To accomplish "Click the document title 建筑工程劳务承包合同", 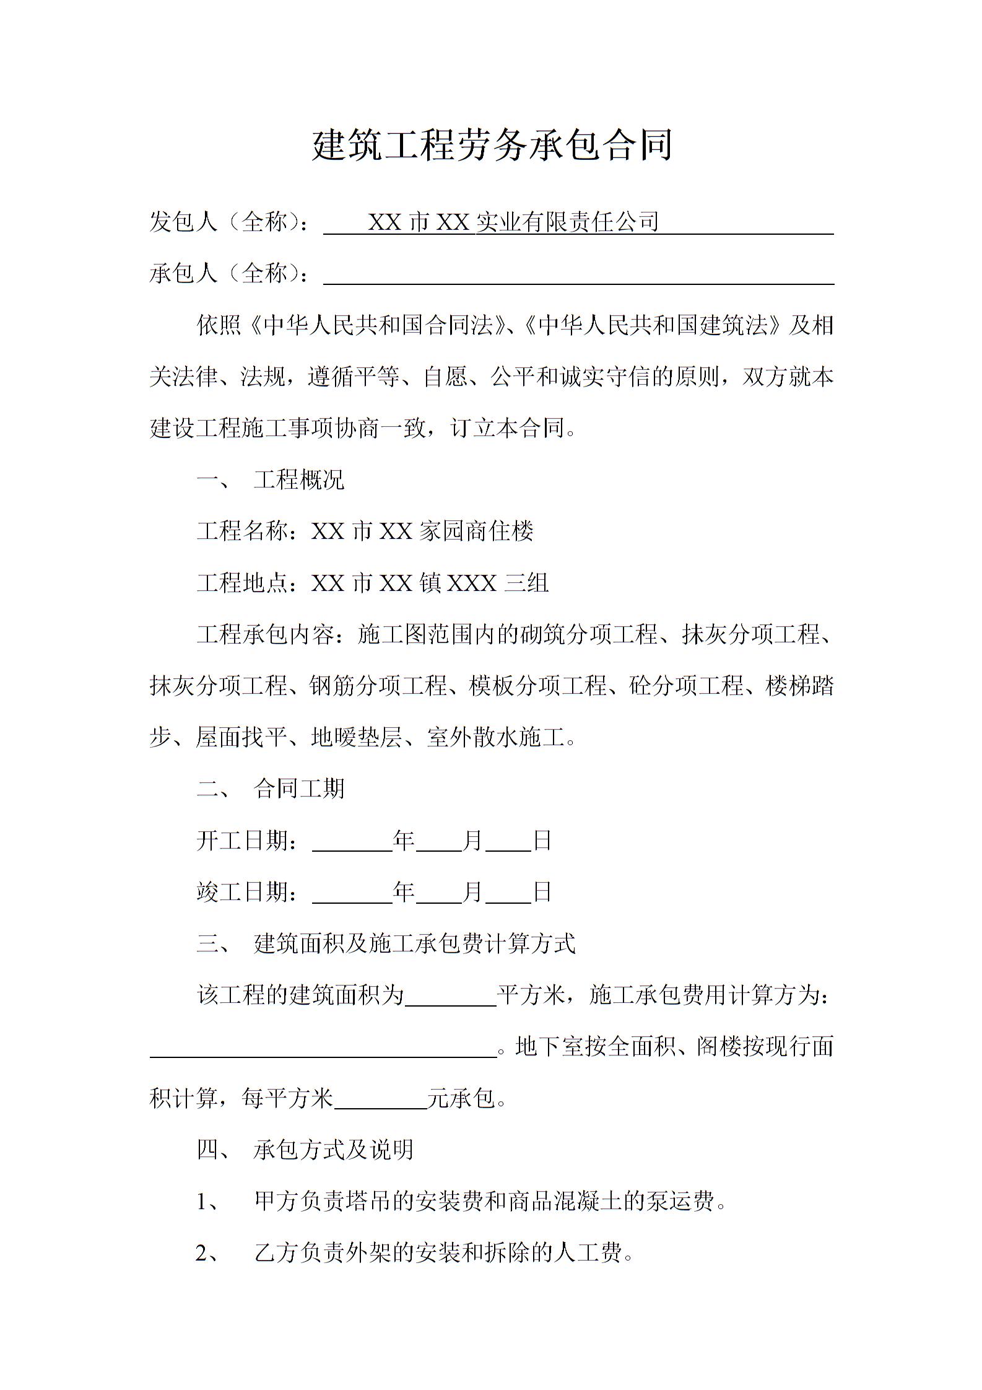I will pos(492,146).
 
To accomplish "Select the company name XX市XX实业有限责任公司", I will pos(513,222).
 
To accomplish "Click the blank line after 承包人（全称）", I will pos(578,274).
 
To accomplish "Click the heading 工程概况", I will pos(298,479).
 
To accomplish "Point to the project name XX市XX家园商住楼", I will pos(422,531).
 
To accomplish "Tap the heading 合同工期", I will pos(298,789).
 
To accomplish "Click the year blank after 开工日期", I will pos(352,842).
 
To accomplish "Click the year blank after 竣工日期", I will pos(352,893).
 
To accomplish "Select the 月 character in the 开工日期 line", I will pos(473,841).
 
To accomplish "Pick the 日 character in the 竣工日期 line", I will pos(542,892).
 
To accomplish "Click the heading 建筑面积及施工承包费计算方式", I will pos(415,943).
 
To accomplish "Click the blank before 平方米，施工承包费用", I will pos(451,996).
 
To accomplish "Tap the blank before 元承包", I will pos(380,1099).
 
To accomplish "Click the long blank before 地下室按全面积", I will pos(323,1047).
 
